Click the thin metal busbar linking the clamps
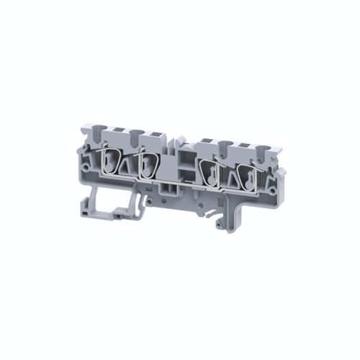click(x=180, y=184)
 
